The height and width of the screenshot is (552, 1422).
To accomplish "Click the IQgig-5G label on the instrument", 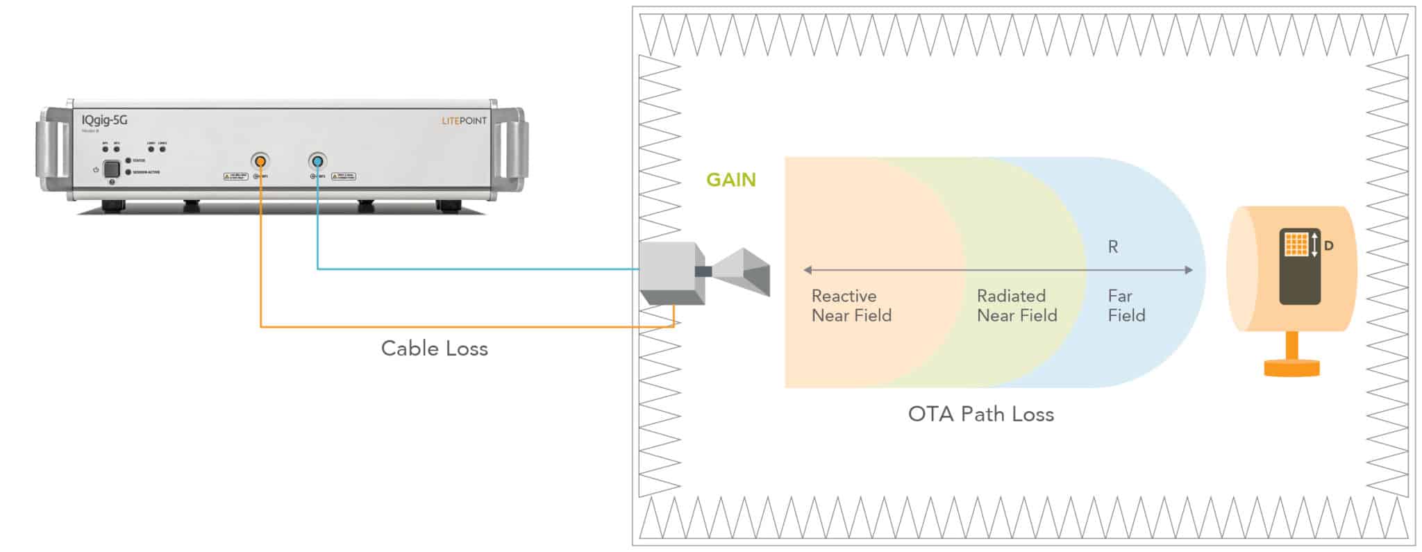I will coord(104,120).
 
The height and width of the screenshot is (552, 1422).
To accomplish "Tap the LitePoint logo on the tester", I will coord(464,121).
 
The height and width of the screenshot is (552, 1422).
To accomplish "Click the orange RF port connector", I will coord(260,162).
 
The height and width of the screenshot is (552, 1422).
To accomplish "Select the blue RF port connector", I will coord(317,162).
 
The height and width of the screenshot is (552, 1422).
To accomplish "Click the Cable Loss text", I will coord(434,349).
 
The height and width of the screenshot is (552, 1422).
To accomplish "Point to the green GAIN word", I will coord(730,180).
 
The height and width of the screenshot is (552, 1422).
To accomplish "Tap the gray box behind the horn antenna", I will coord(670,272).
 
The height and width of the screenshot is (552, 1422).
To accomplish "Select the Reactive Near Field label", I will coord(851,306).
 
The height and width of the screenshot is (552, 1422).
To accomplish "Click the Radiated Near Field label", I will coord(1017,306).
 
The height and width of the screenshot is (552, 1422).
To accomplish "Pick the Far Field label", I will coord(1126,306).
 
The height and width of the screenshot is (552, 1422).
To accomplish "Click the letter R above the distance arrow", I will coord(1112,247).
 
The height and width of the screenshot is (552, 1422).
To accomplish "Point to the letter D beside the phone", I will coord(1328,246).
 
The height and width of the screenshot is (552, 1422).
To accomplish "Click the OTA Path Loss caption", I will coord(980,415).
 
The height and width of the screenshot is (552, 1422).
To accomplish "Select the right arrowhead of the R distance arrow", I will coord(1189,270).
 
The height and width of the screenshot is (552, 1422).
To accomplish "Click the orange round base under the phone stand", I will coord(1291,368).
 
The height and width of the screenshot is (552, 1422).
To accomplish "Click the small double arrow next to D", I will coord(1314,245).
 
